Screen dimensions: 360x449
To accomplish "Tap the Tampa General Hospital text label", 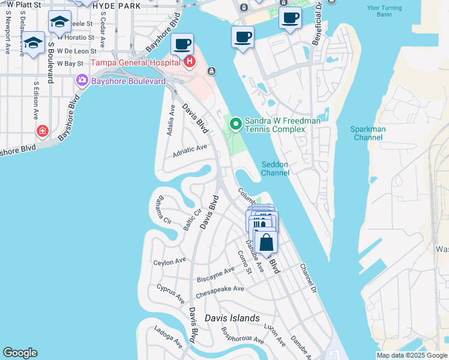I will coord(136,62).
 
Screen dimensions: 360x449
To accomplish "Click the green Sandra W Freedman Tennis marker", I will coord(236,124).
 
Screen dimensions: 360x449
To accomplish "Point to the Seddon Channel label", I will coord(275,169).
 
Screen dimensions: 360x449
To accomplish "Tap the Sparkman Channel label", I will coord(369,133).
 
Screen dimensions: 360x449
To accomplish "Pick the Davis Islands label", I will coord(232,318).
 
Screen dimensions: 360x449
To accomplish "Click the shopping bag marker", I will coord(266,243).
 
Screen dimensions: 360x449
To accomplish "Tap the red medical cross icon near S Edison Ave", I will coord(42,131).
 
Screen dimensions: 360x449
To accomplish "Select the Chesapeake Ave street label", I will coord(220,292).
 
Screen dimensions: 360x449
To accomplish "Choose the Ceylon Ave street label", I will coord(169,262).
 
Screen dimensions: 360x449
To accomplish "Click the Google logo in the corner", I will coord(20,353).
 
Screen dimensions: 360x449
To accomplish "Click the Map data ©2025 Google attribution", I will coord(411,355).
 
